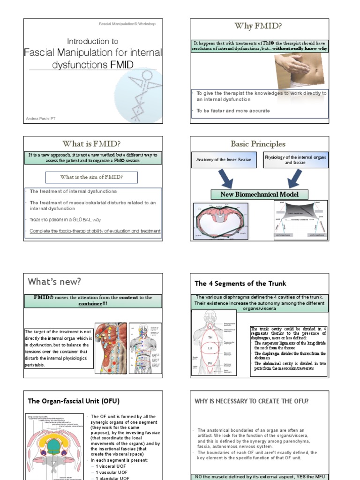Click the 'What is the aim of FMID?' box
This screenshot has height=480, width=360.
pos(91,177)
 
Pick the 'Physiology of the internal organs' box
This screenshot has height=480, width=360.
pos(295,160)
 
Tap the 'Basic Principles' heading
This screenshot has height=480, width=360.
pos(258,144)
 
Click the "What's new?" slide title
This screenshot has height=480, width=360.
pos(54,282)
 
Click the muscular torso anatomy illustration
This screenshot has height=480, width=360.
pos(111,348)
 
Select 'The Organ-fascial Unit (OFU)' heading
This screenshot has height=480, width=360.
pos(74,401)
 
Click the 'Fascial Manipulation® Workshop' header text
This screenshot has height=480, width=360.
pos(127,23)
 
